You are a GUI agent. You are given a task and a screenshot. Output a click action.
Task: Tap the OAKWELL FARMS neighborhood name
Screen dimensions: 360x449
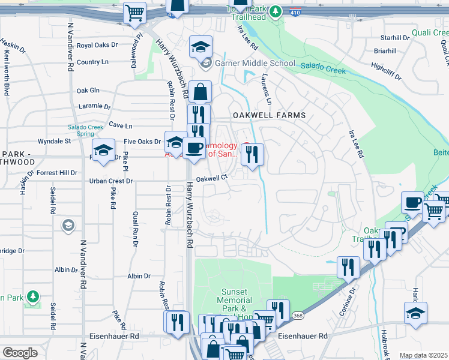[x=269, y=115]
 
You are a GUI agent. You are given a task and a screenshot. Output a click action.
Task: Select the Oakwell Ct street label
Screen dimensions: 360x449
[x=212, y=178]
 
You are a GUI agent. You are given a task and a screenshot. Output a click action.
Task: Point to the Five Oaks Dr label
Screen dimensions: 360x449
[x=142, y=142]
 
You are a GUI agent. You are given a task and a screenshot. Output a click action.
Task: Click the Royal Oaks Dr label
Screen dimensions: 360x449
[x=97, y=46]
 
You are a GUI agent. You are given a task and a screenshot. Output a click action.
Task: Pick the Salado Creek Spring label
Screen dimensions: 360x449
[x=85, y=130]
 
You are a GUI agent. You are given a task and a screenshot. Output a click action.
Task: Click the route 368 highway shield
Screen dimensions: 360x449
[x=297, y=316]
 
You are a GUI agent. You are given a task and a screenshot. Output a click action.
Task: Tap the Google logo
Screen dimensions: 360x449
[x=20, y=353]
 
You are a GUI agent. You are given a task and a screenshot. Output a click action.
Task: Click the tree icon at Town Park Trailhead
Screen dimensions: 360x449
[x=275, y=11]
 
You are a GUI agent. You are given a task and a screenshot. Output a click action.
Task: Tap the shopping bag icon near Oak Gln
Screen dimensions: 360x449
[x=200, y=92]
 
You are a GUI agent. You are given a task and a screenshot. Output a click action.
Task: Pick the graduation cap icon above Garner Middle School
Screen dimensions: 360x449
[x=201, y=46]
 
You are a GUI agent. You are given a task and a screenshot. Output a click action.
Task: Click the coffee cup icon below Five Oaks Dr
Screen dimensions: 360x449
[x=193, y=148]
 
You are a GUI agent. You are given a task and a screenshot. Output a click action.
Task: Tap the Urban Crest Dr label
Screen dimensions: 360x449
[x=110, y=181]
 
